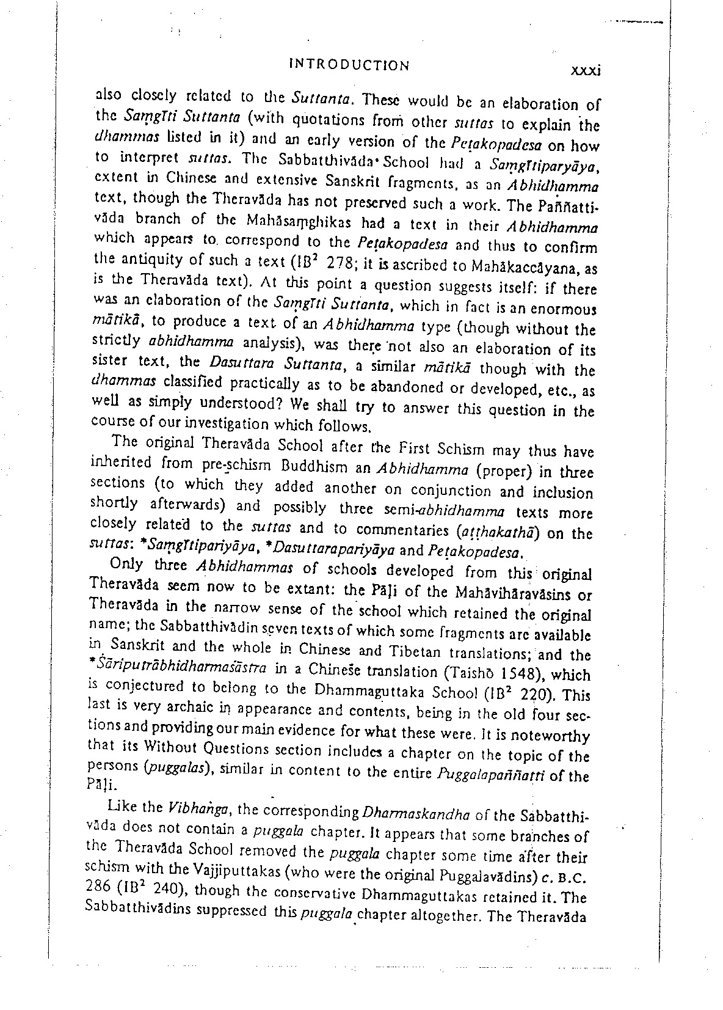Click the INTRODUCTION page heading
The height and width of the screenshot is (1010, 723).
click(x=349, y=65)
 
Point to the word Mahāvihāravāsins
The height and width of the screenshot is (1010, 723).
click(x=510, y=593)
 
